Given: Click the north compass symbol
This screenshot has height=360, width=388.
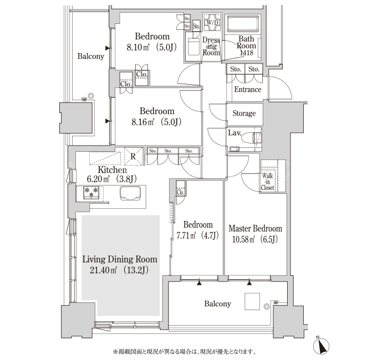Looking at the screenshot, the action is (x=321, y=346).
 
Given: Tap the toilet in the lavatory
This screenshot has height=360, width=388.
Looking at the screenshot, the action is (x=252, y=138).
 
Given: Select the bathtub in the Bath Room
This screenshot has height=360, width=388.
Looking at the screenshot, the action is (x=243, y=24).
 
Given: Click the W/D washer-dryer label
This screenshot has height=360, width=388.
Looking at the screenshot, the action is (x=212, y=23).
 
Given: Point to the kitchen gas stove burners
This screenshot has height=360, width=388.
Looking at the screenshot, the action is (x=91, y=193).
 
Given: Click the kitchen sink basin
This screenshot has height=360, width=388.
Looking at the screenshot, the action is (x=130, y=193).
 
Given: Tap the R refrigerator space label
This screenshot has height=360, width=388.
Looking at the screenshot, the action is (x=133, y=156).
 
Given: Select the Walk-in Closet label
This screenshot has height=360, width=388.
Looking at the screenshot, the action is (x=268, y=182).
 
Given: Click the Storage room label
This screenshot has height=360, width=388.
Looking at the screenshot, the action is (x=244, y=113).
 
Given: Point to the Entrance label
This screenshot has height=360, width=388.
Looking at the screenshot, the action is (x=248, y=89).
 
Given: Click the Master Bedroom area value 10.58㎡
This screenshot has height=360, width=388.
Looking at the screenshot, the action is (x=244, y=239).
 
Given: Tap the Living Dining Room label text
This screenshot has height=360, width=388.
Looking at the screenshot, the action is (x=120, y=259).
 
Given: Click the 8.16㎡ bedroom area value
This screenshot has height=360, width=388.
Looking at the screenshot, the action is (x=143, y=122).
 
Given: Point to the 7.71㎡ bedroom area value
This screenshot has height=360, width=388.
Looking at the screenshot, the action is (x=186, y=235).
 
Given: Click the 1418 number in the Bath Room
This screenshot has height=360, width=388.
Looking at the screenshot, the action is (x=247, y=53).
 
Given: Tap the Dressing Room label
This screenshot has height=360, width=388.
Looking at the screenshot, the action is (x=211, y=46).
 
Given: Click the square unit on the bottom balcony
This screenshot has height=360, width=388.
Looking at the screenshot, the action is (x=252, y=301).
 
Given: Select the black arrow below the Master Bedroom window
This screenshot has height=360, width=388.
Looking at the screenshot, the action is (x=249, y=283).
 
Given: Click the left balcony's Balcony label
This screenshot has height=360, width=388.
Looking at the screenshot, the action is (x=90, y=56).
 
